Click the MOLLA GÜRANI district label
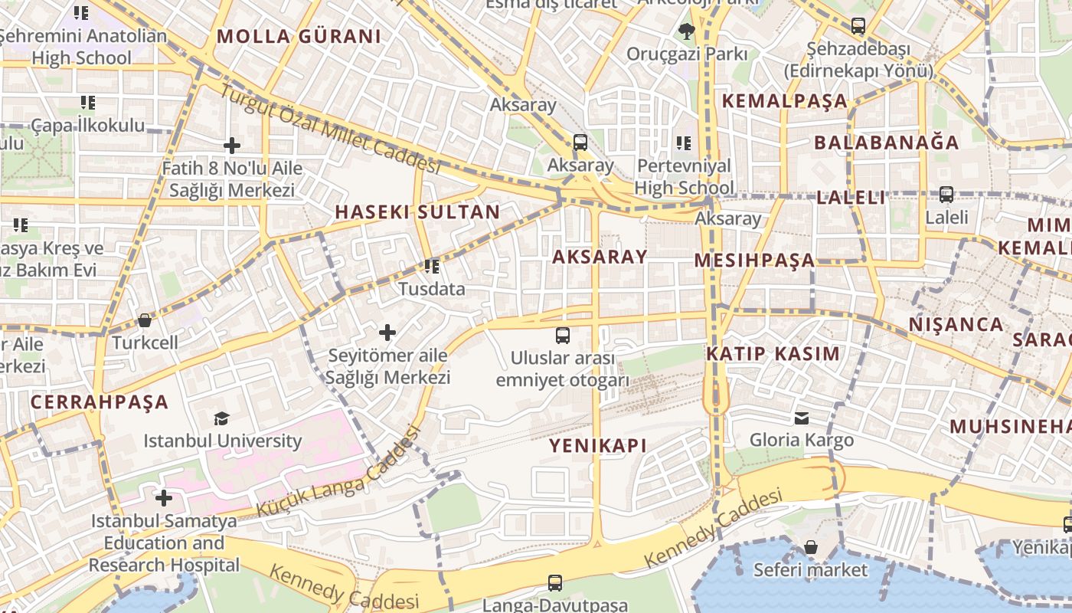click(x=299, y=36)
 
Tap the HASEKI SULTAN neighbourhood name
click(x=417, y=212)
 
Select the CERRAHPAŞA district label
click(x=99, y=402)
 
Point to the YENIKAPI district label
click(x=598, y=445)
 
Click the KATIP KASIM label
click(x=773, y=354)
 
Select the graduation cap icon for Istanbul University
click(x=221, y=418)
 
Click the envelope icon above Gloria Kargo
click(x=801, y=418)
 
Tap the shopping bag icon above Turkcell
click(x=144, y=320)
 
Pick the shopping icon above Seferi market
click(x=810, y=547)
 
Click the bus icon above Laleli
click(x=946, y=195)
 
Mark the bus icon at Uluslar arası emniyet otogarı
click(x=562, y=335)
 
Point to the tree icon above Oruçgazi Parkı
click(x=686, y=31)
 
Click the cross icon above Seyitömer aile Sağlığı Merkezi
click(x=387, y=333)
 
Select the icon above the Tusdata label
click(x=432, y=267)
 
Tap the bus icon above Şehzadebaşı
click(x=858, y=26)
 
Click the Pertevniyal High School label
click(x=684, y=177)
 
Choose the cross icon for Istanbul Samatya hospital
click(x=163, y=499)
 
